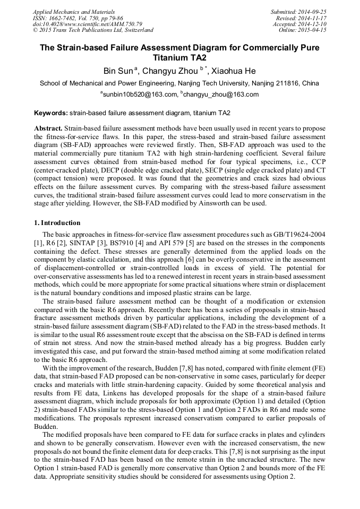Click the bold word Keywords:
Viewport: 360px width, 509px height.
tap(51, 113)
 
